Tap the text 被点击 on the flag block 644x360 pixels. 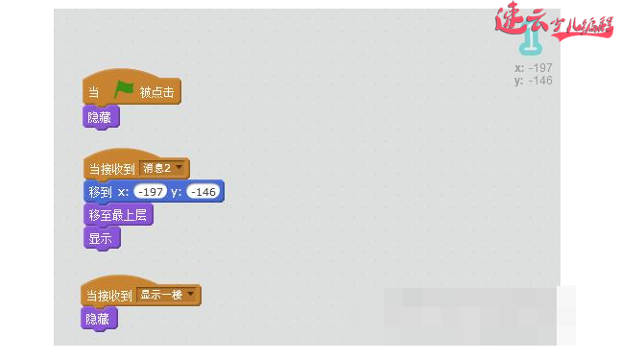[156, 92]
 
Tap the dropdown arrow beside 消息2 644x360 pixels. [179, 169]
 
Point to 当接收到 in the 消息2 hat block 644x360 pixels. [111, 169]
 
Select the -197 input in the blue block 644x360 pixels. [151, 192]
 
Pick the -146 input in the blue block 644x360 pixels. [203, 192]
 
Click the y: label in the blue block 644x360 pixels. [177, 192]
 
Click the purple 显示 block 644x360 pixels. [101, 238]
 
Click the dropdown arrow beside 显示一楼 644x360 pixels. [191, 295]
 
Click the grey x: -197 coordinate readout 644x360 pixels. [533, 68]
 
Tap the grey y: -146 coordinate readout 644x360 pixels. [533, 81]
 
